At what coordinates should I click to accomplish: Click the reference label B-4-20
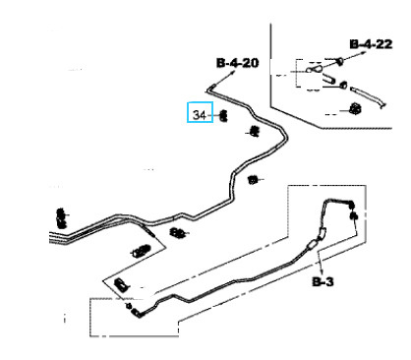click(x=238, y=63)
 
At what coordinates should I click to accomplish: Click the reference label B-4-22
click(x=371, y=44)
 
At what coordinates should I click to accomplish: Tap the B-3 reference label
click(x=323, y=281)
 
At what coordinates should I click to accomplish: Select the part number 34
click(x=200, y=115)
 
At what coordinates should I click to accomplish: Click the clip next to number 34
click(x=223, y=116)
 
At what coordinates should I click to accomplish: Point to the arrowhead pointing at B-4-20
click(x=233, y=74)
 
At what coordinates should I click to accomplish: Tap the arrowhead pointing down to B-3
click(x=322, y=271)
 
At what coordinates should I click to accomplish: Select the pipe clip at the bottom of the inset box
click(x=355, y=109)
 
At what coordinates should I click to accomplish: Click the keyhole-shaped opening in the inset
click(x=314, y=69)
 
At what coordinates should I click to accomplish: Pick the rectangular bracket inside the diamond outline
click(x=122, y=284)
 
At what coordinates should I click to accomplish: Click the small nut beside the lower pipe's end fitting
click(x=129, y=306)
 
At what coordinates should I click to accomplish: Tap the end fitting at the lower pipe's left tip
click(x=137, y=314)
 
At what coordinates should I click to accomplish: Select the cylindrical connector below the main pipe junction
click(x=141, y=251)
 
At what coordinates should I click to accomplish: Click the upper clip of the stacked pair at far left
click(x=61, y=213)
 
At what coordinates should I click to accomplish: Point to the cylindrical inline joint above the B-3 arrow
click(x=313, y=245)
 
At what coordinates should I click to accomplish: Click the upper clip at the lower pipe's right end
click(x=352, y=204)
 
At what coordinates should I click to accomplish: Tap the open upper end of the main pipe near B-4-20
click(x=210, y=88)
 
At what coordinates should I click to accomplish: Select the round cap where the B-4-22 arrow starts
click(x=339, y=61)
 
